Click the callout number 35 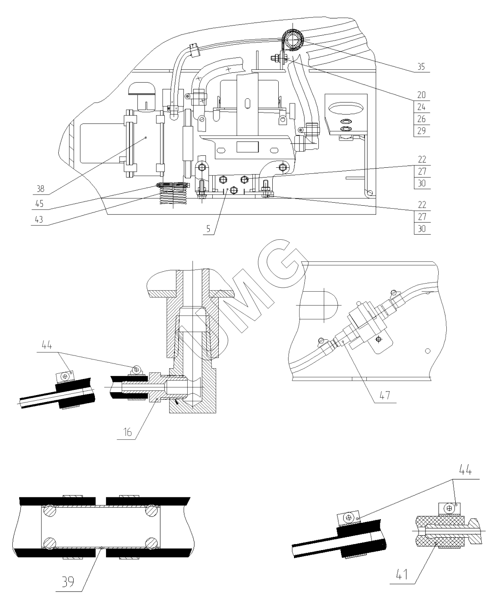(421, 67)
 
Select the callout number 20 (421, 95)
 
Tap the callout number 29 (421, 130)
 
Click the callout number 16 (128, 433)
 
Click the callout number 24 (421, 106)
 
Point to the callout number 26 (421, 118)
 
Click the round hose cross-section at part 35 (293, 42)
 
